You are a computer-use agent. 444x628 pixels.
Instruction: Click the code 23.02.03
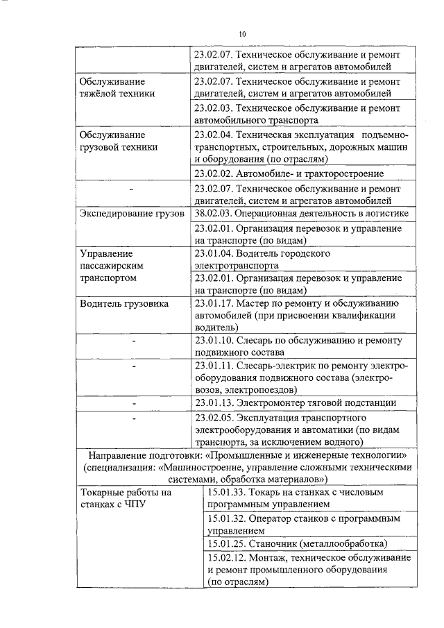pyautogui.click(x=213, y=108)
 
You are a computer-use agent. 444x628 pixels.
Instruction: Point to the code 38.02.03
pyautogui.click(x=213, y=213)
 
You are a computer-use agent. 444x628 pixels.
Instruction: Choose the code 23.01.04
pyautogui.click(x=213, y=253)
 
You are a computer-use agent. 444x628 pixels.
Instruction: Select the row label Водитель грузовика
pyautogui.click(x=123, y=303)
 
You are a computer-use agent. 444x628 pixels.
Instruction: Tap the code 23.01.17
pyautogui.click(x=213, y=303)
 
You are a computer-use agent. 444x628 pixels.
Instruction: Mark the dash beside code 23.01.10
pyautogui.click(x=131, y=341)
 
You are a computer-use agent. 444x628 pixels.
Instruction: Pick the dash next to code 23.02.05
pyautogui.click(x=131, y=418)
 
